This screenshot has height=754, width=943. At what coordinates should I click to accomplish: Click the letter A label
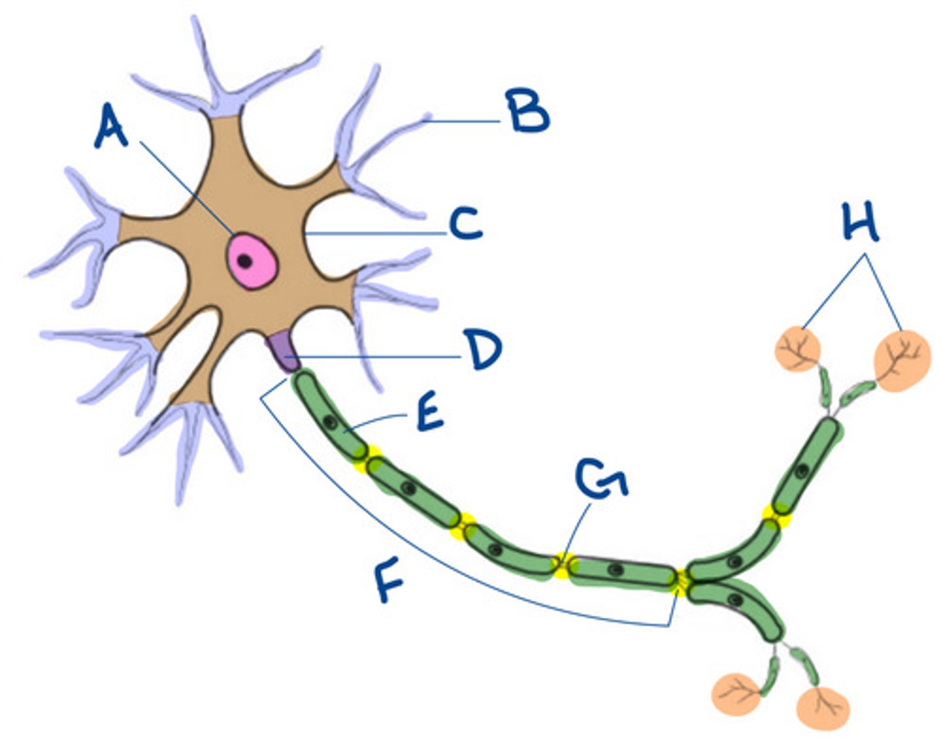tap(111, 128)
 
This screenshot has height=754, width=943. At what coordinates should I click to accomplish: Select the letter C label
tap(466, 224)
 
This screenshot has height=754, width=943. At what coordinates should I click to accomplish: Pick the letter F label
tap(390, 581)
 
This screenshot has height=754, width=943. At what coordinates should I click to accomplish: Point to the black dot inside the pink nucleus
tap(244, 261)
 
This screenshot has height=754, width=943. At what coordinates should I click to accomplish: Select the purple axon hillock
tap(283, 351)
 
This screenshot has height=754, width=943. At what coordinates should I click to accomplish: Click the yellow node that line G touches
tap(562, 565)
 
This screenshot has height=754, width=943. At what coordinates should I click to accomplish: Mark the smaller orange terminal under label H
tap(798, 350)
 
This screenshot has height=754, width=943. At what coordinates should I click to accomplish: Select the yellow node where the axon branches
tap(683, 580)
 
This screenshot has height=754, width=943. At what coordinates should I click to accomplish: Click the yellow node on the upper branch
tap(777, 515)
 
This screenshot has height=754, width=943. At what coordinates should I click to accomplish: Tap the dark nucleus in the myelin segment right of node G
tap(614, 570)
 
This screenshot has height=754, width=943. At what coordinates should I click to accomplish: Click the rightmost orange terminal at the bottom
tap(823, 708)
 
